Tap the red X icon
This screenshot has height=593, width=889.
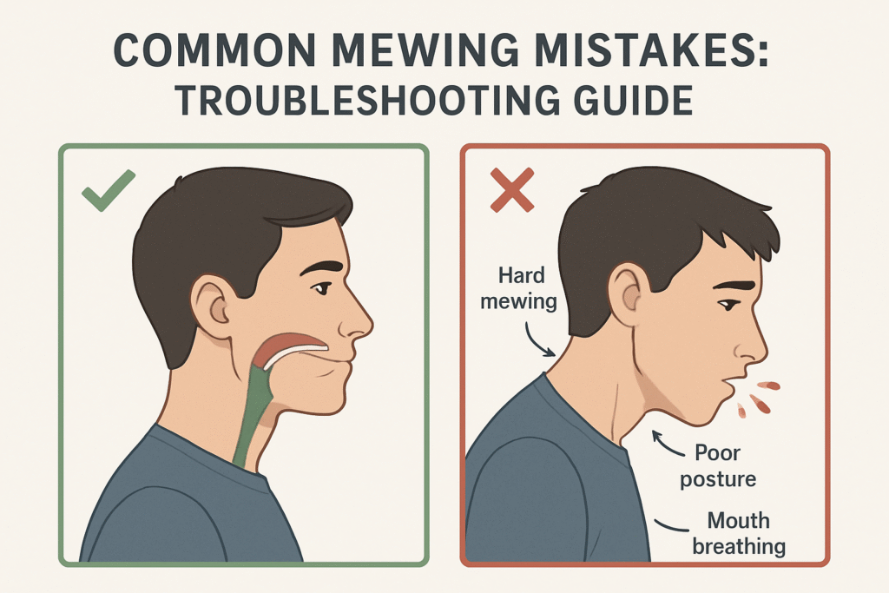pos(511,190)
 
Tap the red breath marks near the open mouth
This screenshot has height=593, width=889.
pos(755,395)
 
